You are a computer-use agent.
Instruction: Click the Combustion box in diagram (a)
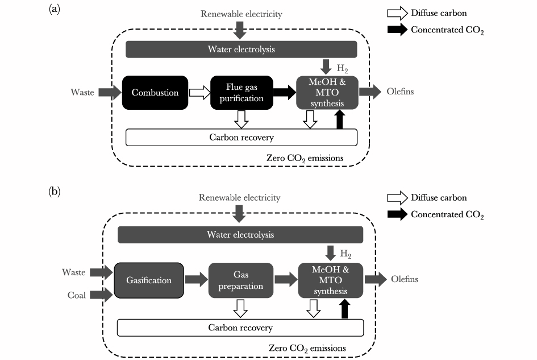tap(155, 93)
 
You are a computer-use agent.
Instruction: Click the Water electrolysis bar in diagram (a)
tap(241, 49)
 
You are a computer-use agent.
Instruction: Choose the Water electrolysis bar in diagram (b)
tap(240, 234)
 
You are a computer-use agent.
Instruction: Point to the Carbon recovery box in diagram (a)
tap(241, 137)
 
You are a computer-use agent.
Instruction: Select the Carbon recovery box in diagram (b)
tap(240, 328)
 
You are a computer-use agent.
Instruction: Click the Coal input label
tap(74, 294)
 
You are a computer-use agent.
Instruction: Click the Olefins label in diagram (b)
tap(405, 279)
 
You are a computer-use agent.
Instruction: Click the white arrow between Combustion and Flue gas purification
tap(198, 93)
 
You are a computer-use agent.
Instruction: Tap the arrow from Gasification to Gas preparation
tap(197, 279)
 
